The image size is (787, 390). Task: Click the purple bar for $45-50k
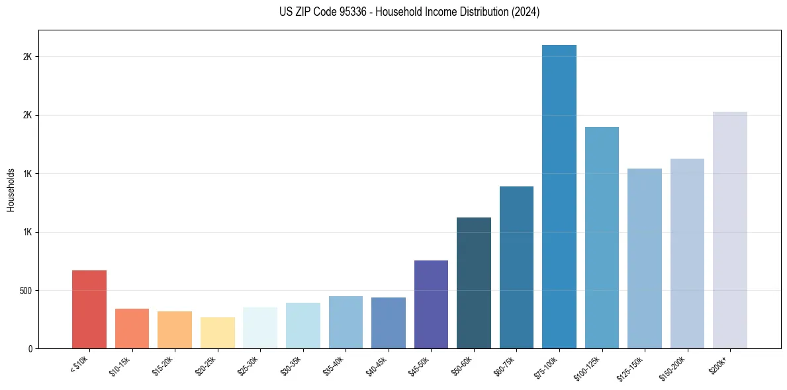pos(431,304)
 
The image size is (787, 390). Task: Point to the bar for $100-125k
pos(602,237)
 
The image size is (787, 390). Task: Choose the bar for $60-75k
pos(516,267)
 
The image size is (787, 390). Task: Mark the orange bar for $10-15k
pos(132,329)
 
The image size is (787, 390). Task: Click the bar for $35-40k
pos(346,322)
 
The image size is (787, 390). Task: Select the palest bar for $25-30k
pos(260,328)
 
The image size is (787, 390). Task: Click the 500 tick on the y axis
pos(24,290)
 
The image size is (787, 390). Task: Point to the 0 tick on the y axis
pos(30,348)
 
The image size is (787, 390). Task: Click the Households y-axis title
pos(11,190)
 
